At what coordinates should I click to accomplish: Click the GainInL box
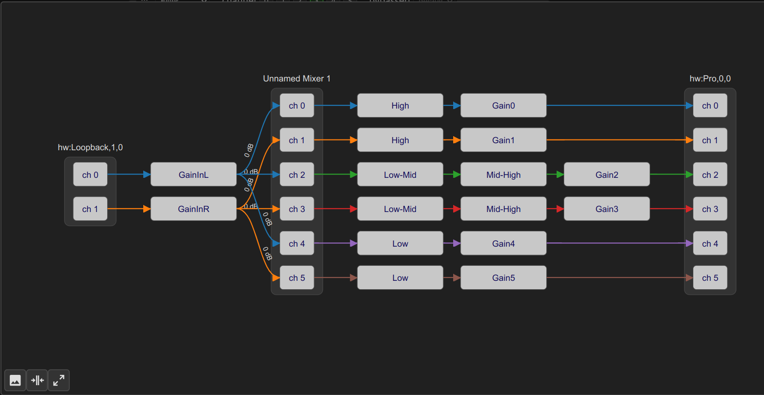click(193, 175)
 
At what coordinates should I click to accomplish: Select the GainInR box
click(193, 209)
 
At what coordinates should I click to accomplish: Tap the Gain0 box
click(503, 106)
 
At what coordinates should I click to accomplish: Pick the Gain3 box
click(607, 209)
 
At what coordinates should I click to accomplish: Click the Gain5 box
click(503, 278)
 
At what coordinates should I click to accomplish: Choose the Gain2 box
click(607, 175)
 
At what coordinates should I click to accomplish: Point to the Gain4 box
click(503, 243)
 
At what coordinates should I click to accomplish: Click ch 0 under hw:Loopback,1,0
click(90, 175)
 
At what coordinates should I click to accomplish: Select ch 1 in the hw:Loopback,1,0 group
click(90, 209)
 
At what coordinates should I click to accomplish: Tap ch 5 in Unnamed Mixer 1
click(297, 278)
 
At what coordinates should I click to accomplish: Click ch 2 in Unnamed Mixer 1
click(297, 175)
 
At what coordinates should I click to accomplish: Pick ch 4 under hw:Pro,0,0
click(710, 243)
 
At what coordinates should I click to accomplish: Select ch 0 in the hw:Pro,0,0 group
click(710, 106)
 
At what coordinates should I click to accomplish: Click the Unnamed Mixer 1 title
click(297, 79)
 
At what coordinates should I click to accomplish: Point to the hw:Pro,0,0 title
click(710, 79)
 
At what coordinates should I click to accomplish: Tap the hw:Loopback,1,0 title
click(90, 147)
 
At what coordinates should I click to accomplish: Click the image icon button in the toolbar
click(15, 380)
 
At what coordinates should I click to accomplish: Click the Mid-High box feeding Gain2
click(503, 175)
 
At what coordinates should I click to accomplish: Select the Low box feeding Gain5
click(400, 278)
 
